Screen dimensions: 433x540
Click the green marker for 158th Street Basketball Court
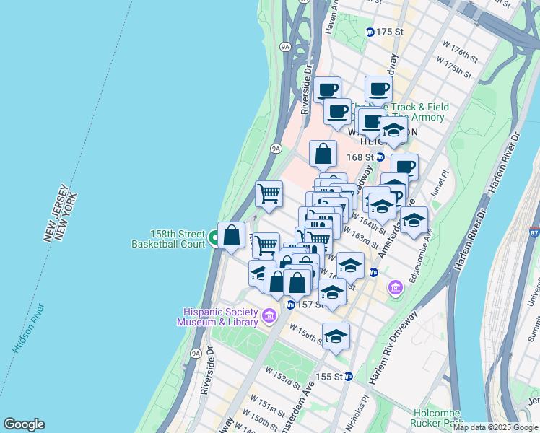tap(214, 238)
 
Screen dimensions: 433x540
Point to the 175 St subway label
tap(388, 32)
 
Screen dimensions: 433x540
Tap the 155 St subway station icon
tap(349, 376)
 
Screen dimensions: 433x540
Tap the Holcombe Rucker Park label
tap(437, 417)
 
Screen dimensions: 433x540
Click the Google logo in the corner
tap(24, 424)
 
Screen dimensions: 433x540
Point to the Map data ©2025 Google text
tap(496, 427)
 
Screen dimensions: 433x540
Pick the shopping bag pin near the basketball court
tap(231, 236)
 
